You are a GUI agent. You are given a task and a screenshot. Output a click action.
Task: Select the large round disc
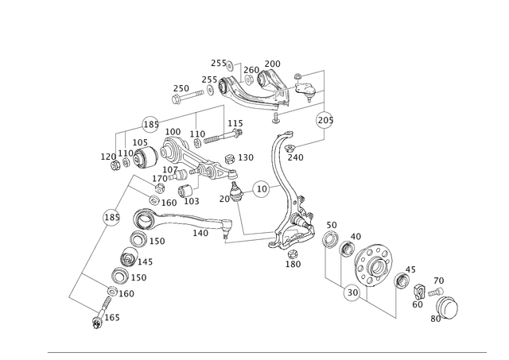pyautogui.click(x=375, y=261)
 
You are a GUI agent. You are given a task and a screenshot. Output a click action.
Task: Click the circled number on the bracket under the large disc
pyautogui.click(x=351, y=295)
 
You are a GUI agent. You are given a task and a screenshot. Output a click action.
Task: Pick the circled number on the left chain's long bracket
pyautogui.click(x=111, y=215)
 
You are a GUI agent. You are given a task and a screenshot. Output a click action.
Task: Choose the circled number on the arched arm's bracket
pyautogui.click(x=324, y=122)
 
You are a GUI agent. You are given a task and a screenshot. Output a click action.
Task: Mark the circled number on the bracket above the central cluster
pyautogui.click(x=150, y=122)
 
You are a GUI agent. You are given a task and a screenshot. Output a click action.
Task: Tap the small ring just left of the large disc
pyautogui.click(x=347, y=250)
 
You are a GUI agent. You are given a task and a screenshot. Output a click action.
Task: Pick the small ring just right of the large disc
pyautogui.click(x=402, y=277)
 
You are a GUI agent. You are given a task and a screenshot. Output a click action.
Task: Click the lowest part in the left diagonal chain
pyautogui.click(x=100, y=322)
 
